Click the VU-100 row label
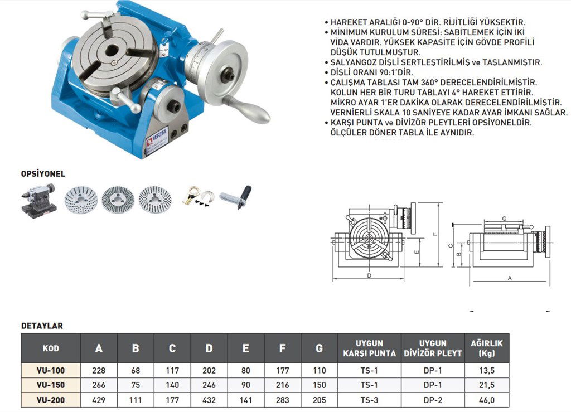click(x=51, y=370)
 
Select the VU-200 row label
click(x=51, y=400)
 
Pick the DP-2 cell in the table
click(x=433, y=400)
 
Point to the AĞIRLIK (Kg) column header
click(x=487, y=348)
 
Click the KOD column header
click(x=51, y=348)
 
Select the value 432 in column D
click(x=209, y=400)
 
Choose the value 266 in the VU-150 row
click(x=99, y=385)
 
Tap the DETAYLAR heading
click(x=42, y=326)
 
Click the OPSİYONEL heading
click(x=43, y=174)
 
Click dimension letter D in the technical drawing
click(x=369, y=275)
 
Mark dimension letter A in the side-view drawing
click(x=510, y=278)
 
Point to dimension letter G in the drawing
click(x=504, y=218)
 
